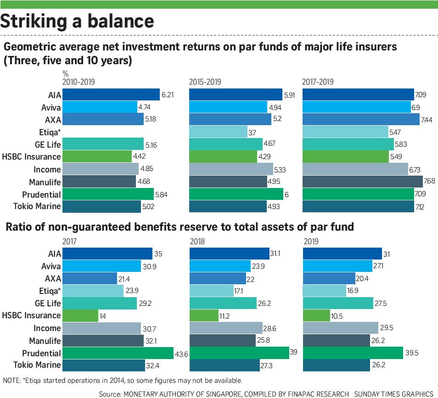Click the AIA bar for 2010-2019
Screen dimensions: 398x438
[111, 95]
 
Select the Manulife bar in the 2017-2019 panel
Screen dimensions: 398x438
[362, 182]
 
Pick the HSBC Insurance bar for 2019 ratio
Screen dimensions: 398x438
[317, 315]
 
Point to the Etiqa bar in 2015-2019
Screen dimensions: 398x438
[219, 132]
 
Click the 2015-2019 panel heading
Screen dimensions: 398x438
[205, 83]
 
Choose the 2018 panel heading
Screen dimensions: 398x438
[197, 242]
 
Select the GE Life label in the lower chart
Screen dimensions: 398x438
[48, 303]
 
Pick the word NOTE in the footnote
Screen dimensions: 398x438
[11, 381]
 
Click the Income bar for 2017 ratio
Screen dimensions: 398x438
[101, 328]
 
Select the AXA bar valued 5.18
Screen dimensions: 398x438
[103, 120]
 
